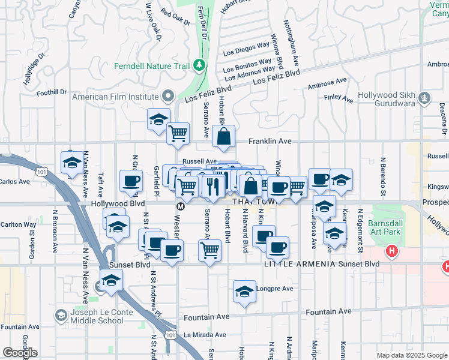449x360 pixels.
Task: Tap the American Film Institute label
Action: tap(115, 96)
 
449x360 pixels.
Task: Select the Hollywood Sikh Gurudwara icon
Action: tap(425, 97)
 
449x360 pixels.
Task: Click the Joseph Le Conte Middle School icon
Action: tap(61, 316)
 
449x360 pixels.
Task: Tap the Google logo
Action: tap(19, 353)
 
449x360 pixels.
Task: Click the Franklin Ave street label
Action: tap(270, 142)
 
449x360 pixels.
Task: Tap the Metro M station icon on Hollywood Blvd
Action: tap(179, 206)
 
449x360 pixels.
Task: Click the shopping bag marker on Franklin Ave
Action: tap(223, 137)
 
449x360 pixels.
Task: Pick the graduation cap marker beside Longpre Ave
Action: tap(244, 292)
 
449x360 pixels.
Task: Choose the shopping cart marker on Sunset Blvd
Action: tap(209, 250)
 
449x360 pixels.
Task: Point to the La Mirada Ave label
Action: tap(205, 335)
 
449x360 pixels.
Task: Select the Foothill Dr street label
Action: tap(51, 92)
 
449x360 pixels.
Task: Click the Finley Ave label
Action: tap(338, 98)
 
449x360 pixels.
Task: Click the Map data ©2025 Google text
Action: tap(412, 355)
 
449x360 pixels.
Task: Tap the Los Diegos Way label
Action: tap(246, 48)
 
